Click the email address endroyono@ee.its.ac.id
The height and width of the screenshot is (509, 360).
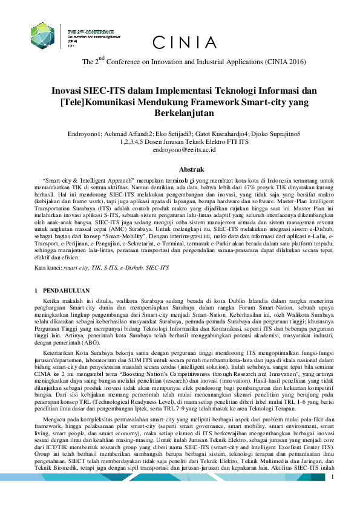[180, 148]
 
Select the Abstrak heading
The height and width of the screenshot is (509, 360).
[180, 169]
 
